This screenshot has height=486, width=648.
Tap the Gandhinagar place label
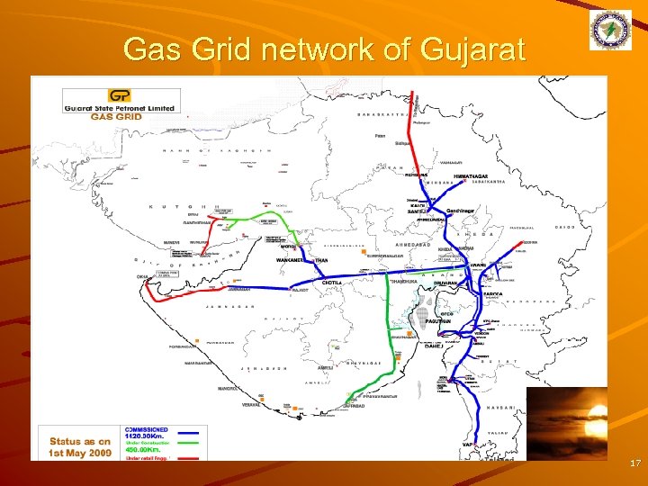pyautogui.click(x=462, y=211)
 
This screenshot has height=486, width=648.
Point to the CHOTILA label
pyautogui.click(x=333, y=283)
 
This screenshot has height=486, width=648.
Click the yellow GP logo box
pyautogui.click(x=118, y=95)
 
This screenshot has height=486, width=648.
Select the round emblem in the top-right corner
pyautogui.click(x=612, y=32)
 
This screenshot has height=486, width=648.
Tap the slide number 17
pyautogui.click(x=634, y=463)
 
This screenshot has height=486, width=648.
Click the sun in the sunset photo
pyautogui.click(x=595, y=413)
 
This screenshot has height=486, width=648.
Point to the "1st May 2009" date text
pyautogui.click(x=80, y=453)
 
